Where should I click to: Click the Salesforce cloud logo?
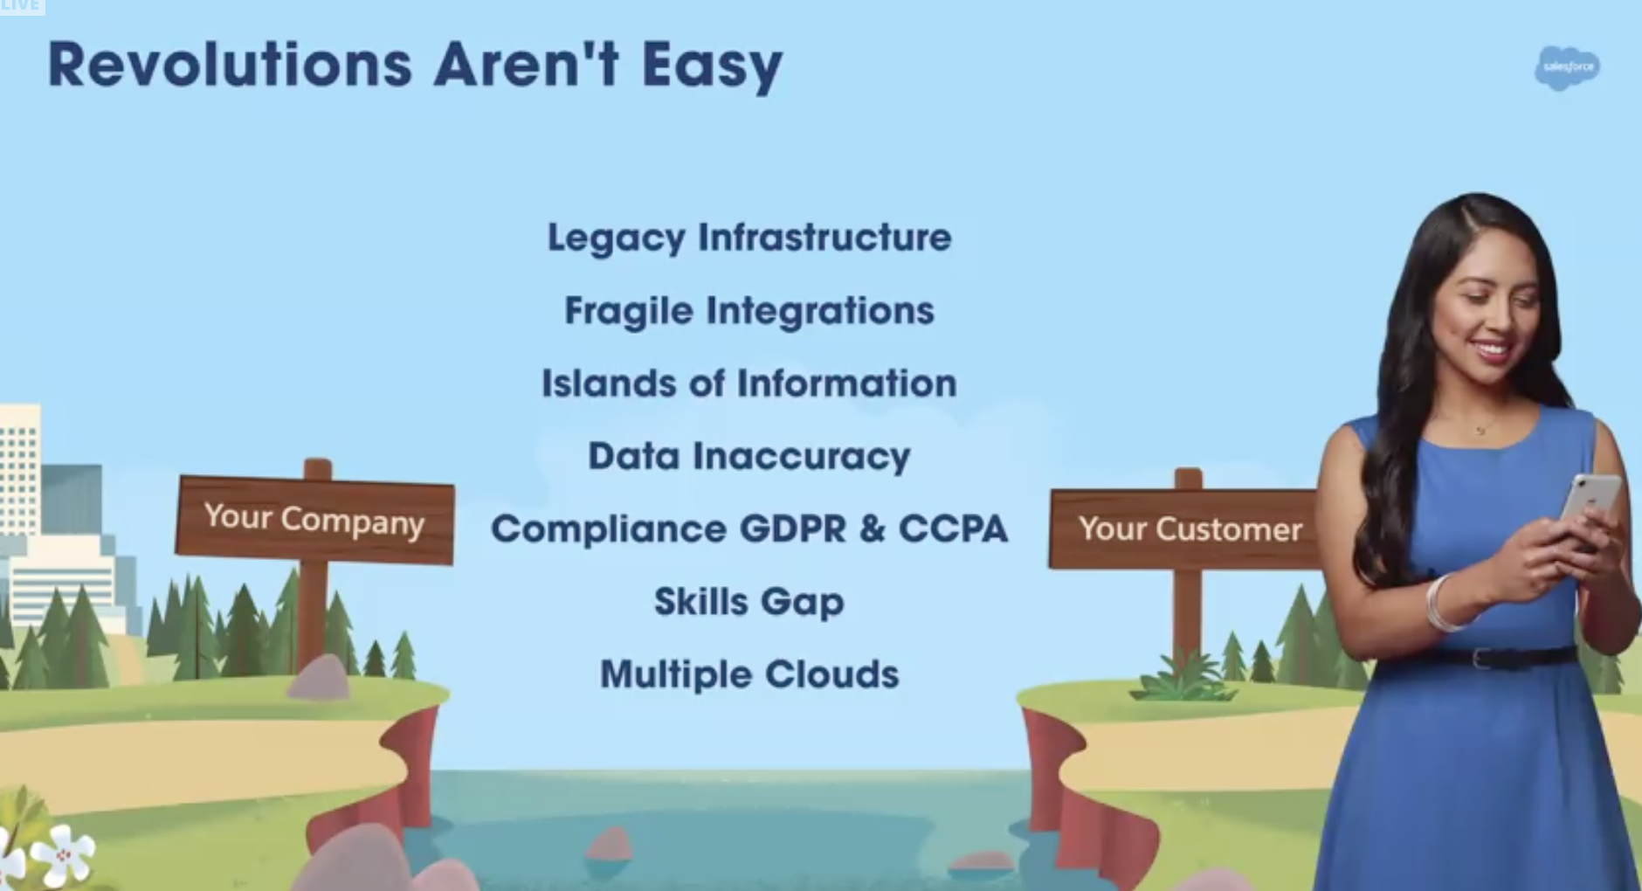[1567, 68]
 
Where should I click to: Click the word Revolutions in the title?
[230, 65]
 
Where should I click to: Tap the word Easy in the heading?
[712, 66]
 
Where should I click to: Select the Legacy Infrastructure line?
[749, 238]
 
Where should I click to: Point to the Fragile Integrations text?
[749, 311]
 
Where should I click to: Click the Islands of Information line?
[749, 383]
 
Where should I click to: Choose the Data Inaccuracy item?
[749, 457]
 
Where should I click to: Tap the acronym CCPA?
[953, 528]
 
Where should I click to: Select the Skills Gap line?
[749, 602]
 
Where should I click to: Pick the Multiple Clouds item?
[749, 674]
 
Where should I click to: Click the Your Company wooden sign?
[314, 520]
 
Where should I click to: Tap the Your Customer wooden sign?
[1185, 528]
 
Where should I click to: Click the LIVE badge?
[22, 7]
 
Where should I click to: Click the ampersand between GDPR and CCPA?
[873, 529]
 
